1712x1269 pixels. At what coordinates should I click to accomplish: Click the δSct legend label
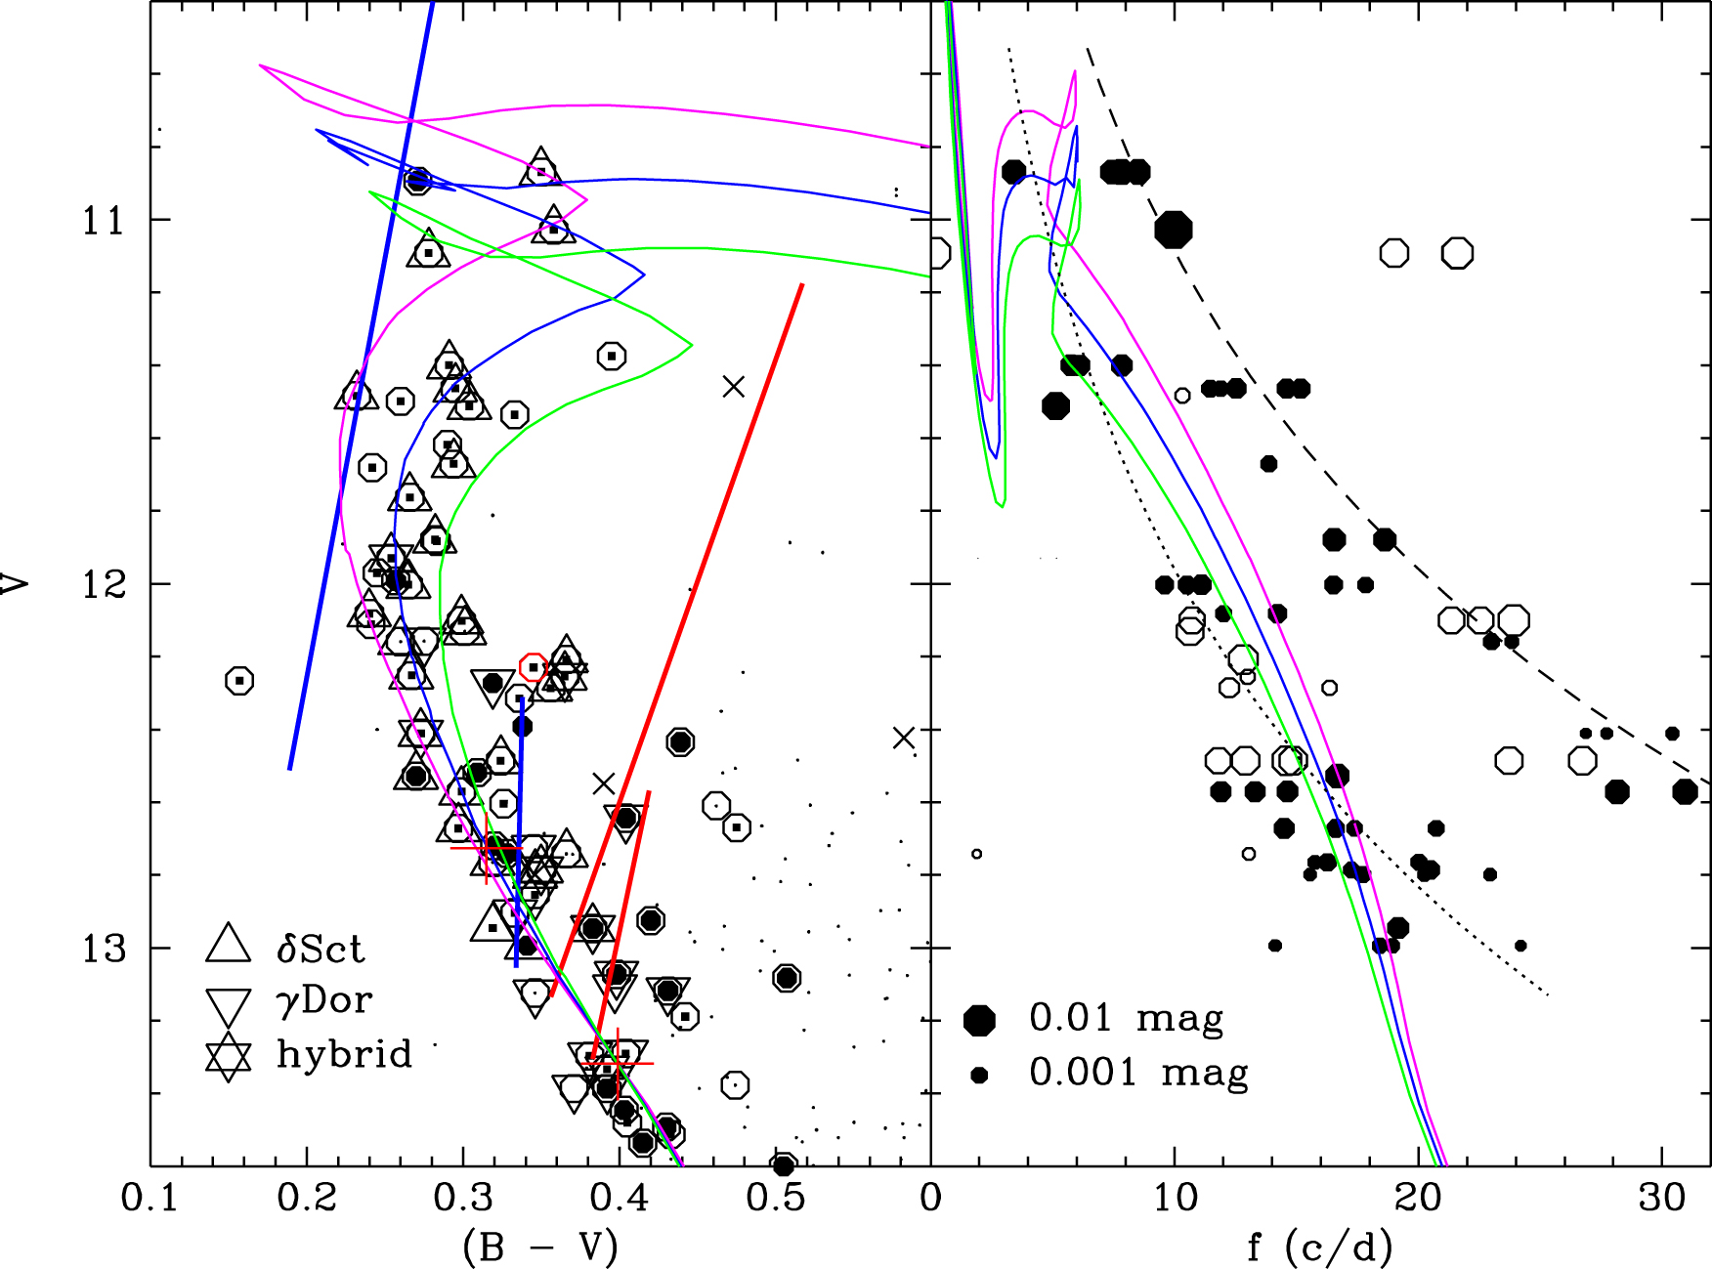(x=320, y=949)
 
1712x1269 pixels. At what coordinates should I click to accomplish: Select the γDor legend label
(x=324, y=1000)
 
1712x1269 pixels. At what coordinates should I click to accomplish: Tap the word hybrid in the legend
(x=344, y=1054)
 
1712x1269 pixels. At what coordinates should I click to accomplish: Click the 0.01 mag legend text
(x=1126, y=1018)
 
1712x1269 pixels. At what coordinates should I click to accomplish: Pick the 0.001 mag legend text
(x=1138, y=1073)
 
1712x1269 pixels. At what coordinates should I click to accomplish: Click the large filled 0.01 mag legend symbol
(x=979, y=1020)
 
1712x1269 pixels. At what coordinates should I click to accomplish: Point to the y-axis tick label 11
(x=104, y=221)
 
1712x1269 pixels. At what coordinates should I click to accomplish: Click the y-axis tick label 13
(x=104, y=949)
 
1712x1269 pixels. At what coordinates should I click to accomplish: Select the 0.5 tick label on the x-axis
(x=776, y=1197)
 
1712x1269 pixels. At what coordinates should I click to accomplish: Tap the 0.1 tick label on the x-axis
(x=150, y=1197)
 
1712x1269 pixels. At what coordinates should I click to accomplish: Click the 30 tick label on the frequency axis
(x=1661, y=1197)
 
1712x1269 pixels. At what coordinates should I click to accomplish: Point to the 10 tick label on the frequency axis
(x=1174, y=1197)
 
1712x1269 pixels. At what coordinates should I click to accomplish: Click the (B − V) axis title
(x=539, y=1247)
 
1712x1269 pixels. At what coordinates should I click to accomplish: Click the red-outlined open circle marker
(x=533, y=667)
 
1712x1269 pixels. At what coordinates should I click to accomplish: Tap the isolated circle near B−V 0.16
(x=239, y=680)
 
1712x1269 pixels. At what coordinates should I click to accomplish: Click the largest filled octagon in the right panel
(x=1173, y=230)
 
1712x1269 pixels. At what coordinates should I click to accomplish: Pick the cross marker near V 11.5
(x=734, y=387)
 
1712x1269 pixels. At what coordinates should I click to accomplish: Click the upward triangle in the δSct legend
(x=229, y=944)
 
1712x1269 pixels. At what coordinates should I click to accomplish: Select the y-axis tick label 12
(x=104, y=584)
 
